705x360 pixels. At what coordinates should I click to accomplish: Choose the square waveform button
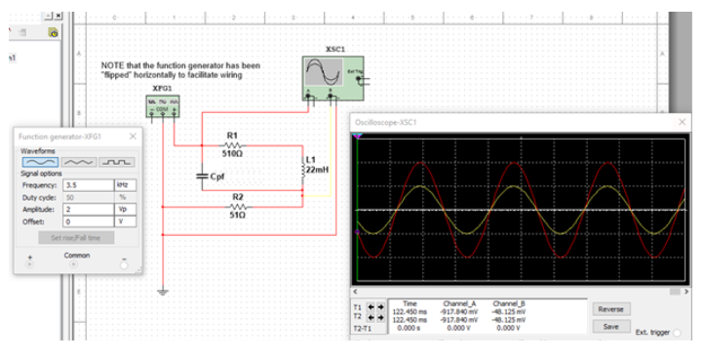[x=119, y=162]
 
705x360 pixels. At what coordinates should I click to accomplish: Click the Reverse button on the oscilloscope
[x=610, y=309]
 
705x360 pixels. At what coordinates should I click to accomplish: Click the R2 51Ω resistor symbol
[x=239, y=207]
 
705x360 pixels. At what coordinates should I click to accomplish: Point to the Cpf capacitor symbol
[x=202, y=177]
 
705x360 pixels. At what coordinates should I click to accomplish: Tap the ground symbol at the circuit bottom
[x=163, y=291]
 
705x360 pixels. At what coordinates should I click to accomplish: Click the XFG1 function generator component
[x=162, y=106]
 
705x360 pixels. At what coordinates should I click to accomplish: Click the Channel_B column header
[x=509, y=304]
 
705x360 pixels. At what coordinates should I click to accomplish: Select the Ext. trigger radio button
[x=677, y=333]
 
